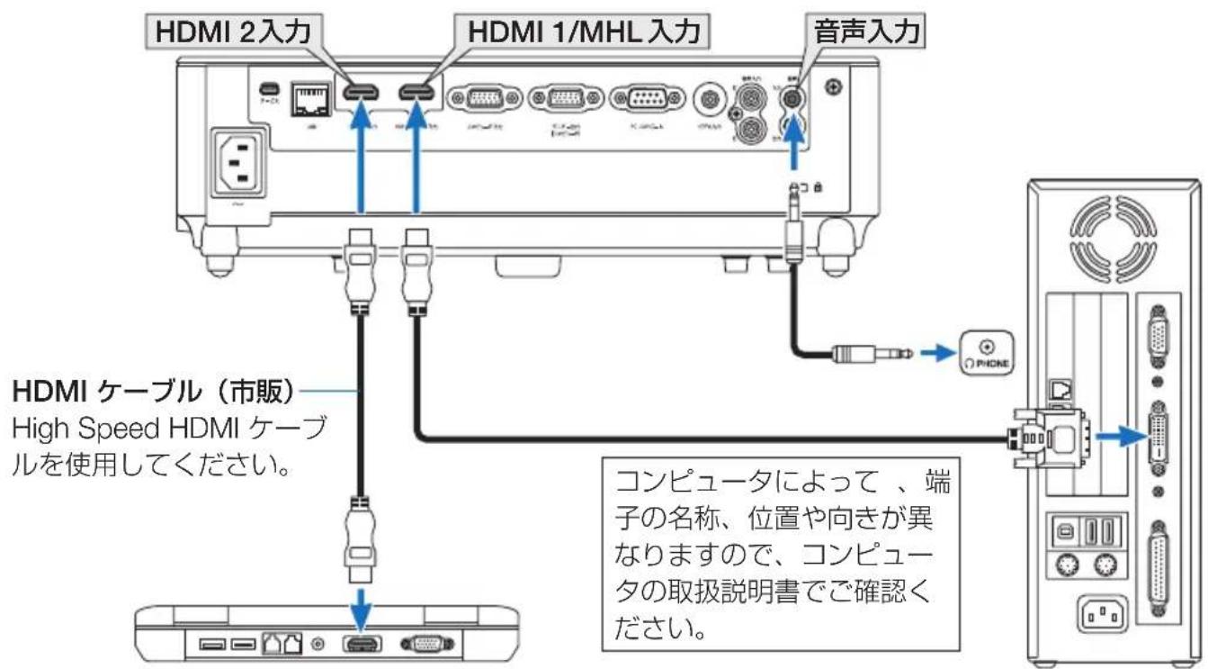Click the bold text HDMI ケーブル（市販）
click(x=153, y=393)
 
